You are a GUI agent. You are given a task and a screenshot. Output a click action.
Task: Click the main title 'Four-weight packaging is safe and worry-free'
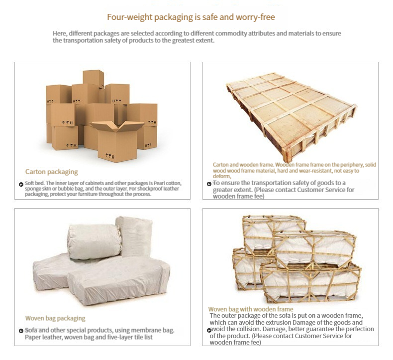(x=191, y=17)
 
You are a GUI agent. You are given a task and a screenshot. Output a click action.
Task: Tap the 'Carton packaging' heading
(x=52, y=172)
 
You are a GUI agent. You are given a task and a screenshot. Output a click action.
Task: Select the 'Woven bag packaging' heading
(x=55, y=318)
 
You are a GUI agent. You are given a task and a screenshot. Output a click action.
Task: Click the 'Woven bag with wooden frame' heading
(x=251, y=309)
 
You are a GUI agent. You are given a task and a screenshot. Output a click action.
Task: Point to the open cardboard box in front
(x=117, y=141)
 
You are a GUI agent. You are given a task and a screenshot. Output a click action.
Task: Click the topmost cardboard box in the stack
(x=93, y=78)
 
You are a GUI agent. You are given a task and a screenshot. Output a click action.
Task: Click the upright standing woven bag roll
(x=134, y=237)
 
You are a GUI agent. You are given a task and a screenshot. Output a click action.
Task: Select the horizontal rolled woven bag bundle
(x=94, y=241)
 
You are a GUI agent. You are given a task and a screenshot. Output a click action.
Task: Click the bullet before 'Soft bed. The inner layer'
(x=21, y=185)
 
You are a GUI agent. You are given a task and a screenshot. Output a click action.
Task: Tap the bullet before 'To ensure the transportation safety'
(x=209, y=184)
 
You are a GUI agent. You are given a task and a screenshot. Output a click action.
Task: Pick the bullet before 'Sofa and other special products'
(x=21, y=331)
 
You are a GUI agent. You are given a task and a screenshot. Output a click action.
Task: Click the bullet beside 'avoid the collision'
(x=209, y=330)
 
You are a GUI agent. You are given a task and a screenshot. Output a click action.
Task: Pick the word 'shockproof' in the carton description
(x=150, y=189)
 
